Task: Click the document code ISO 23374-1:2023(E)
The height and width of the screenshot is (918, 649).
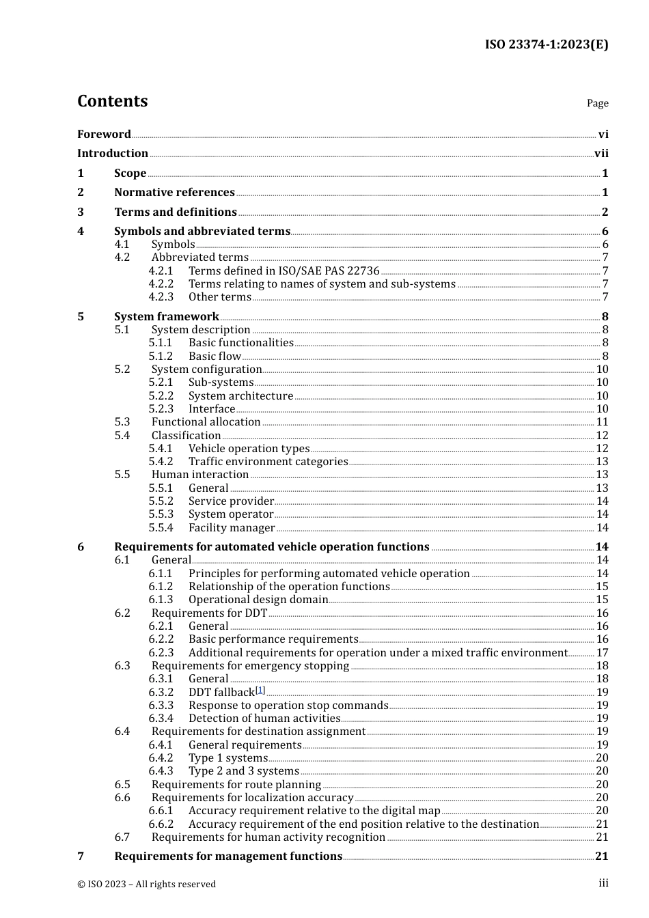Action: [x=546, y=44]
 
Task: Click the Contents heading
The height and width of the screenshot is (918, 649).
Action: [x=112, y=101]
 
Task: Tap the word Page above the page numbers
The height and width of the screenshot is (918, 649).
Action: [x=597, y=103]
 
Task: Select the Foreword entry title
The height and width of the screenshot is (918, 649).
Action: [x=104, y=135]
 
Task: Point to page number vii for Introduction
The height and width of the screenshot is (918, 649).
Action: [x=601, y=154]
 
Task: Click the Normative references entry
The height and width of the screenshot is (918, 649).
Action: [x=174, y=193]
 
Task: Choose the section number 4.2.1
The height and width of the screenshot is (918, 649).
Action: [x=161, y=271]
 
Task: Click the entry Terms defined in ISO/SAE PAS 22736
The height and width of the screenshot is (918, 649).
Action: [x=284, y=271]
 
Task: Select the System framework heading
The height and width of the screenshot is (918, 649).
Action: [x=167, y=316]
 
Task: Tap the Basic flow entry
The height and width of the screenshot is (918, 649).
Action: [x=215, y=357]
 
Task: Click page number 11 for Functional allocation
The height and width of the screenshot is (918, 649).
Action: [x=602, y=422]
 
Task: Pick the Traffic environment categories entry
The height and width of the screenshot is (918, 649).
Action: [x=268, y=462]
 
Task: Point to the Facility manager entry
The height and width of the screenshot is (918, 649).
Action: [x=232, y=528]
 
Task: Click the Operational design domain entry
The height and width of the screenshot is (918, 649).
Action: [x=258, y=600]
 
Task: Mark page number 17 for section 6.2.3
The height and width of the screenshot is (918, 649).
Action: [x=602, y=653]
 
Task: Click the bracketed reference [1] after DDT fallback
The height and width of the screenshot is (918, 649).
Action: [x=260, y=691]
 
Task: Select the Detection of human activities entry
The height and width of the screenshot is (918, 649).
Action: [x=264, y=719]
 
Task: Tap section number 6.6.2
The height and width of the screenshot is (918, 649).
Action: [x=161, y=824]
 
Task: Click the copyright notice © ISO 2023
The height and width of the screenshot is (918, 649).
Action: [x=146, y=884]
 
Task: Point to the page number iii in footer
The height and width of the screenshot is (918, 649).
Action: [x=603, y=883]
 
